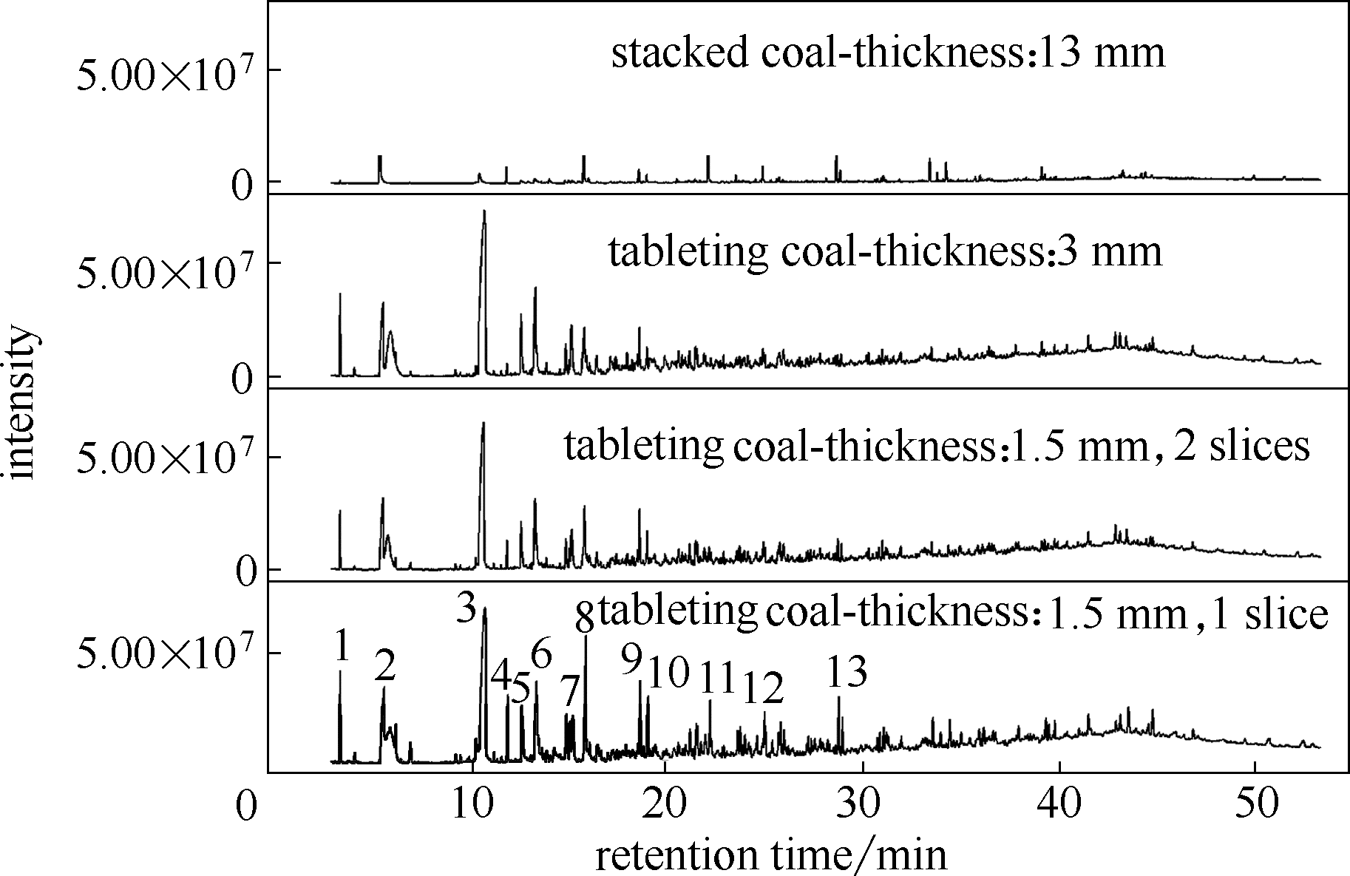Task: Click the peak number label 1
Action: pyautogui.click(x=341, y=646)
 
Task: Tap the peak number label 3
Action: pyautogui.click(x=466, y=608)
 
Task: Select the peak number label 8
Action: pyautogui.click(x=585, y=617)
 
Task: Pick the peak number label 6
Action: pyautogui.click(x=541, y=654)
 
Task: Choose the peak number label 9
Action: pyautogui.click(x=631, y=658)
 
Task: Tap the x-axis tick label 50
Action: pyautogui.click(x=1257, y=804)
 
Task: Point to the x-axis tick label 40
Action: pyautogui.click(x=1060, y=804)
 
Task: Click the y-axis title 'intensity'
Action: pyautogui.click(x=22, y=404)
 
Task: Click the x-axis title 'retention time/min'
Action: pyautogui.click(x=771, y=855)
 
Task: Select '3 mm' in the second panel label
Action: pyautogui.click(x=1109, y=251)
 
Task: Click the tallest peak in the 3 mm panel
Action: pyautogui.click(x=484, y=213)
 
